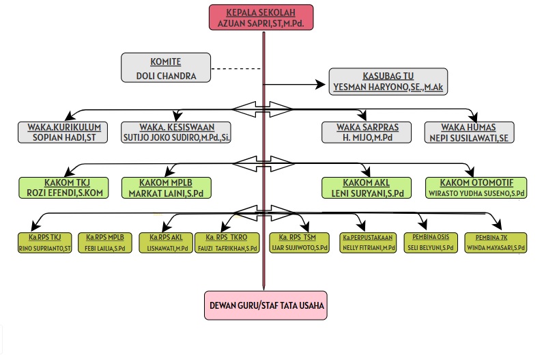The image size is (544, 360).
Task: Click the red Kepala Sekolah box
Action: tap(261, 17)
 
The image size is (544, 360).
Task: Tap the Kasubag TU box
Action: tap(390, 81)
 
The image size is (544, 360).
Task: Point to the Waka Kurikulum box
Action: tap(64, 132)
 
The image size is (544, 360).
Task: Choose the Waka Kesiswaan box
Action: tap(176, 132)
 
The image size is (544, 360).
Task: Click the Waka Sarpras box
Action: tap(367, 132)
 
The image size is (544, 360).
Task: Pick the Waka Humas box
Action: tap(468, 132)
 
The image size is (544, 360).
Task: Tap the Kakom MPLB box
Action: tap(167, 187)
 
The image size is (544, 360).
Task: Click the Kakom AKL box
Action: tap(367, 187)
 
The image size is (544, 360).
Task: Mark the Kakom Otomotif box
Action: tap(476, 187)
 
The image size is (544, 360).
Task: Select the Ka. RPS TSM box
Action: tap(300, 243)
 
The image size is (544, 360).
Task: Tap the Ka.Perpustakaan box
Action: tap(369, 243)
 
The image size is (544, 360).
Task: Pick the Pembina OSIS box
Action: tap(429, 243)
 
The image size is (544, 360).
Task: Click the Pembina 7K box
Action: tap(495, 243)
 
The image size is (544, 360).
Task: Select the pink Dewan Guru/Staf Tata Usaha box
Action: tap(265, 305)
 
